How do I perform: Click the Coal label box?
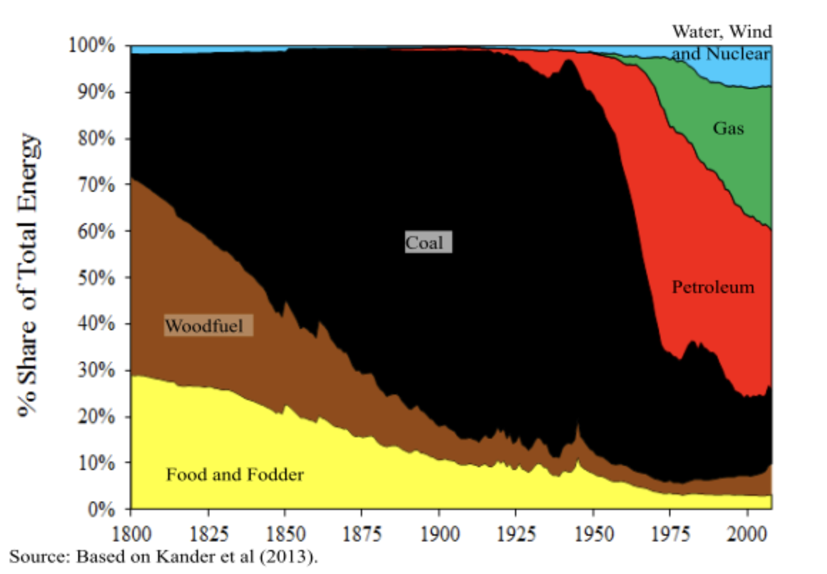point(428,242)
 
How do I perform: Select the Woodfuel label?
point(208,326)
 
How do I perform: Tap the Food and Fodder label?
point(235,474)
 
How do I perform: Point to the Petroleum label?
point(713,287)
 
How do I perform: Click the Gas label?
point(728,128)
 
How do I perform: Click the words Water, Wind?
point(721,31)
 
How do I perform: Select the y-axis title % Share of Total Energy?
point(28,275)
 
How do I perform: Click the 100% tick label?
point(92,45)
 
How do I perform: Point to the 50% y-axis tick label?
point(96,277)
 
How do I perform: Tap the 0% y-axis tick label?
point(101,509)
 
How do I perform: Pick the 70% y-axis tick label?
point(96,185)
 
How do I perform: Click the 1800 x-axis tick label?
point(131,534)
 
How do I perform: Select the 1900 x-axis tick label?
point(439,534)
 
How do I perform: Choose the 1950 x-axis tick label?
point(593,534)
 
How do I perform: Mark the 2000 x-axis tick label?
point(747,534)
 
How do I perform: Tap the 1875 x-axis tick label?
point(362,534)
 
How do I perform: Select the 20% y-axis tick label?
point(96,416)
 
